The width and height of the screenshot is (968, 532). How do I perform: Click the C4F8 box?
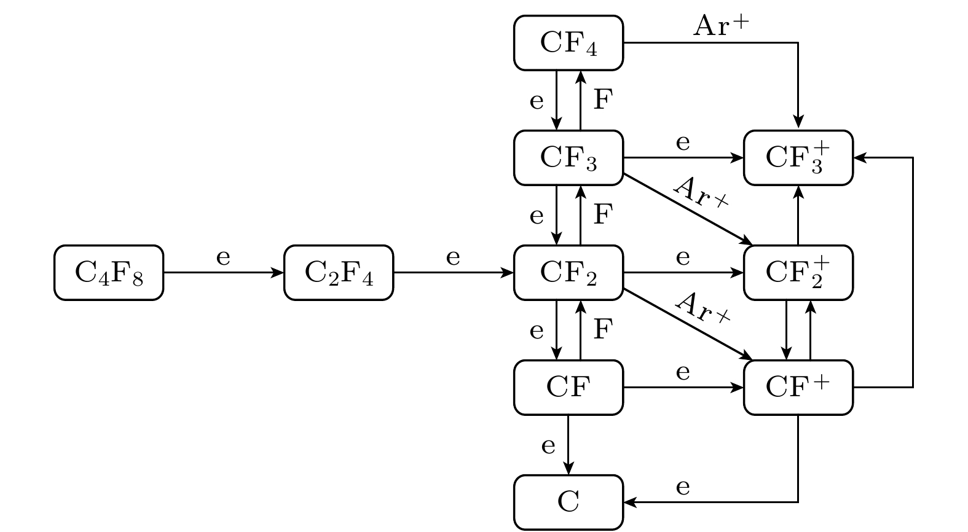click(109, 273)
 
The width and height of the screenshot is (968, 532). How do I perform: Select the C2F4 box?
click(339, 273)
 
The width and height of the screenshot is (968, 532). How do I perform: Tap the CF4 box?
click(569, 43)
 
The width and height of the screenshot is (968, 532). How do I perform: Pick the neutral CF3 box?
click(569, 158)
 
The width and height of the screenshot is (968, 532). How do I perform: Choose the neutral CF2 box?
click(569, 273)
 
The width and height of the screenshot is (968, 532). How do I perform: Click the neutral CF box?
click(569, 388)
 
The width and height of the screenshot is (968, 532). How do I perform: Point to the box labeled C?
click(569, 503)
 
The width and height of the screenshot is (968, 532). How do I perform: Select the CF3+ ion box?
click(798, 158)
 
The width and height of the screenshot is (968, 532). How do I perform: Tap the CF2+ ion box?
click(798, 273)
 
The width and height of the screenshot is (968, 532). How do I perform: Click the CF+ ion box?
click(798, 388)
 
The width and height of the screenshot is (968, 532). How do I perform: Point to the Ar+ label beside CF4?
click(722, 26)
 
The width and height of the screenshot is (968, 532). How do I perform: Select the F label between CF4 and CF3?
click(603, 100)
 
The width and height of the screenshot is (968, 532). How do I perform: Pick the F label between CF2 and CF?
click(603, 330)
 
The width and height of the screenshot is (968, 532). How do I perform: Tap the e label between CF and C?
click(549, 445)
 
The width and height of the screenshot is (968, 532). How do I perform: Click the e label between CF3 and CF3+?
click(683, 143)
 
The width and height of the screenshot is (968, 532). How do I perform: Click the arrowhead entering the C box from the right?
click(629, 503)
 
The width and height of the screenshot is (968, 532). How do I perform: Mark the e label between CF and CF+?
click(683, 373)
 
